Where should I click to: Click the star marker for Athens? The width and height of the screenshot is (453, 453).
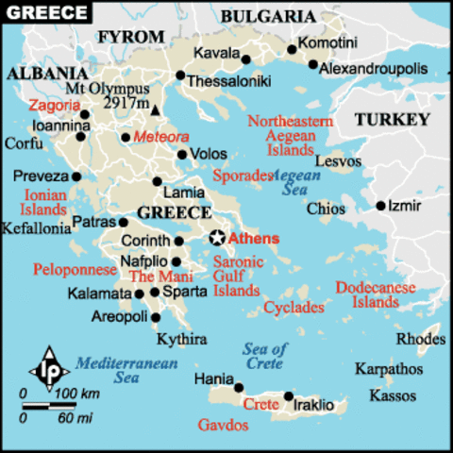point(218,238)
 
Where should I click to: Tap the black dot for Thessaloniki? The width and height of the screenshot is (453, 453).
point(180,75)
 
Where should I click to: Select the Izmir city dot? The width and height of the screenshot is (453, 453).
point(380,205)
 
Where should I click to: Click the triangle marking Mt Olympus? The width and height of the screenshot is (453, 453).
point(155,111)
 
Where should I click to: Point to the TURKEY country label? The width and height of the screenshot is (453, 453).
point(392,120)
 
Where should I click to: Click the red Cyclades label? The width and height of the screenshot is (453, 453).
point(294,307)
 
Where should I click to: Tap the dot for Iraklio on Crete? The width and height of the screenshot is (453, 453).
point(288,396)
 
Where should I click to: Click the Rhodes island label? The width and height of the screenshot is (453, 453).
point(420,338)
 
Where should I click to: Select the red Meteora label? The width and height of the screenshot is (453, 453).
point(161,137)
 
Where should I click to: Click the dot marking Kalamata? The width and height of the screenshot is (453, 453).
point(139,294)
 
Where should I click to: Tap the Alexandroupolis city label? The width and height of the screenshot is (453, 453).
point(373,69)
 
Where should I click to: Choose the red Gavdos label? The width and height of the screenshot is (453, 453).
point(223,426)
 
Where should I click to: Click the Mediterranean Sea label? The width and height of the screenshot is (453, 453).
point(112,369)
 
